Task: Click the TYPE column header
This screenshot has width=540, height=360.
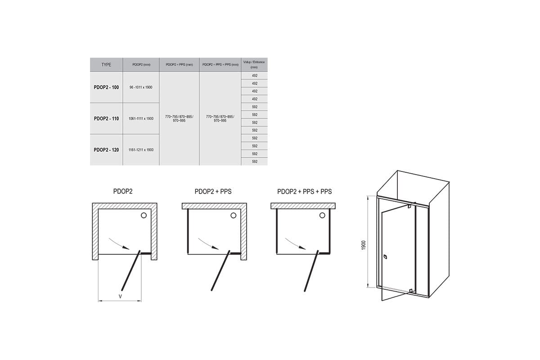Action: (106, 65)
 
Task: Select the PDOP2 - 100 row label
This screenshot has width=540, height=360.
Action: (106, 87)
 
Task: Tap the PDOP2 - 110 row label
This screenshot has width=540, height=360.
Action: (106, 119)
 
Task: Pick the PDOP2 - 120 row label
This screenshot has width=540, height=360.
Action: (106, 150)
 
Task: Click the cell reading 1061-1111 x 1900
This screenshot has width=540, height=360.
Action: (141, 119)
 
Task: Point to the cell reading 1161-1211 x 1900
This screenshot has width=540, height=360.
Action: (141, 150)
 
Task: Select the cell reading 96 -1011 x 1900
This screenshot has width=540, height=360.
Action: (141, 87)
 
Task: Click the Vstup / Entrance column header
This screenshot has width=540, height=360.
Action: (254, 65)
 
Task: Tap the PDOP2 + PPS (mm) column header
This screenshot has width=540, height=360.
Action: (179, 65)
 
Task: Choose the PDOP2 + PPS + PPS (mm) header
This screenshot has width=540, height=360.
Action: (220, 65)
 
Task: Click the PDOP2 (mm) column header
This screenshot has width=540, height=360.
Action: (141, 65)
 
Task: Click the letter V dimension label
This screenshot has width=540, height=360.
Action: (120, 297)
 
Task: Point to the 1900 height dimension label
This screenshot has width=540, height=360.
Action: (364, 245)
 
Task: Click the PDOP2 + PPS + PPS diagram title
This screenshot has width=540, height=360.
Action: (305, 192)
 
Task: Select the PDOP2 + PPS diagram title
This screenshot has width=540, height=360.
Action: (213, 192)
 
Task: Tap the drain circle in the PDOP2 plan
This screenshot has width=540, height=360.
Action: (144, 215)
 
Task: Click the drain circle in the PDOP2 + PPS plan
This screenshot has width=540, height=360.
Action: (234, 215)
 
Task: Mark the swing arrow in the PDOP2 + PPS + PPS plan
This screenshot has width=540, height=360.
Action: (295, 244)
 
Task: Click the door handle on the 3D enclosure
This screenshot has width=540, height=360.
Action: (385, 257)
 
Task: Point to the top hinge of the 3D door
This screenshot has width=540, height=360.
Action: (409, 207)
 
